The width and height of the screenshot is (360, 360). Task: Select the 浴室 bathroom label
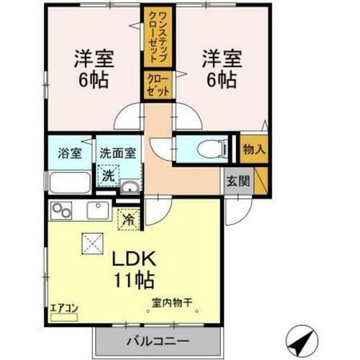point(69,153)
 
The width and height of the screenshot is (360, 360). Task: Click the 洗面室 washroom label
point(118,153)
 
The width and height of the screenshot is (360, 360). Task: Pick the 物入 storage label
point(253,150)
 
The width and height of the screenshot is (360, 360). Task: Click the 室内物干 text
point(176,305)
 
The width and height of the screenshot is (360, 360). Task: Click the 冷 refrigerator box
point(129,215)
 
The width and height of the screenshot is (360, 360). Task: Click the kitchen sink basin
point(96,211)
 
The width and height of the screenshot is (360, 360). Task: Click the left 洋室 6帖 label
point(92,68)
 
